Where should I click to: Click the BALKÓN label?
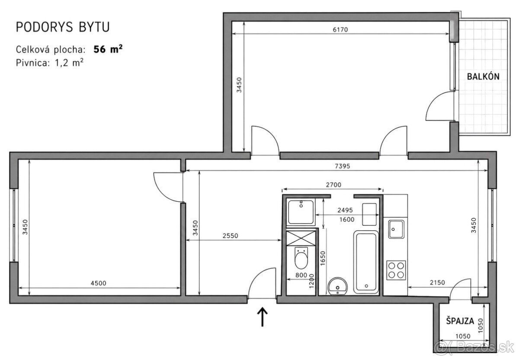pos(483,76)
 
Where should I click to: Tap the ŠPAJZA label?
pos(460,321)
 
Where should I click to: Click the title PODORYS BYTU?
pos(63,27)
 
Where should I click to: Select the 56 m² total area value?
pos(108,49)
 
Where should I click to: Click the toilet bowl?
pos(301,258)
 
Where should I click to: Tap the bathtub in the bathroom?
pos(366,262)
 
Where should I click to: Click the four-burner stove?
pos(396,271)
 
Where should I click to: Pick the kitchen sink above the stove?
pos(397,229)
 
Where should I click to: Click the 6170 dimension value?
pos(340,30)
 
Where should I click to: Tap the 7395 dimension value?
pos(343,166)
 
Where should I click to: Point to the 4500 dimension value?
pos(99,283)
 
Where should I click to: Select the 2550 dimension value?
pos(230,236)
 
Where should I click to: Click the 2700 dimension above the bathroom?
pos(333,185)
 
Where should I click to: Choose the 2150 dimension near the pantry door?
pos(437,283)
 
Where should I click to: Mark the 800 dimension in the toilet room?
pos(301,275)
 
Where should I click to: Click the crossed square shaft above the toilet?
pos(301,238)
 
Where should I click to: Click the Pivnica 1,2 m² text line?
pos(50,63)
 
